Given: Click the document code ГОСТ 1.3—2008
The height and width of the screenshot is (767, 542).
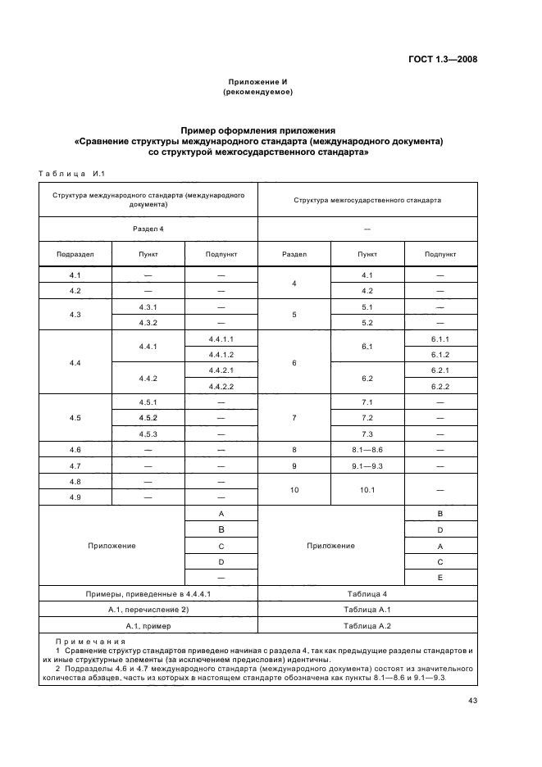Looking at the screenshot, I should (443, 59).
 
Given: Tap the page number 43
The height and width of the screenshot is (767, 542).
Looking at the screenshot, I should (472, 700).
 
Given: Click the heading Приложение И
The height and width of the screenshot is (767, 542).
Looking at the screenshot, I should (257, 82).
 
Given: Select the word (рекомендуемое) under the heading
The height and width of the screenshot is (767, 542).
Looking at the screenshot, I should (257, 92).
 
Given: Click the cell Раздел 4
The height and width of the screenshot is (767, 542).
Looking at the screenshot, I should (148, 229).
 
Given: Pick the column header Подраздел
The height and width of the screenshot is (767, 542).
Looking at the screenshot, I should (75, 254).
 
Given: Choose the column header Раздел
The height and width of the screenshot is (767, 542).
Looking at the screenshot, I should (294, 254).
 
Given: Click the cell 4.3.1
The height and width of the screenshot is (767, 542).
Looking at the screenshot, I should (148, 307).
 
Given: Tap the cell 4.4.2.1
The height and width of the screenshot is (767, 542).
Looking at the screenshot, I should (221, 370).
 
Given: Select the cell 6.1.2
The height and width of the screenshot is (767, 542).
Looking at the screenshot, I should (440, 354).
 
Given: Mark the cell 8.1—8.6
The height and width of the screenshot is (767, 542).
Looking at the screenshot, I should (367, 449).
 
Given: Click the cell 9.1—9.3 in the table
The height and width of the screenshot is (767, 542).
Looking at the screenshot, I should (367, 465).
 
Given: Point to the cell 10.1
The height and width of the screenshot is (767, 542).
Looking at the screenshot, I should (367, 489).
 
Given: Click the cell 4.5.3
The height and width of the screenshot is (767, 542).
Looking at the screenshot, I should (148, 433).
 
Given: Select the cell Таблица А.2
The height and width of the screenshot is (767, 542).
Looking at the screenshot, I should (367, 625).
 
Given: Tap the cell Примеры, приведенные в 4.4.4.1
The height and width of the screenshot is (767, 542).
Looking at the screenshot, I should (148, 593).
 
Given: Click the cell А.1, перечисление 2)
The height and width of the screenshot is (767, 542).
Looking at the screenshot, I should (148, 610).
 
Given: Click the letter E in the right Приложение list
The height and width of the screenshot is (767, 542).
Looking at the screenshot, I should (440, 578).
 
